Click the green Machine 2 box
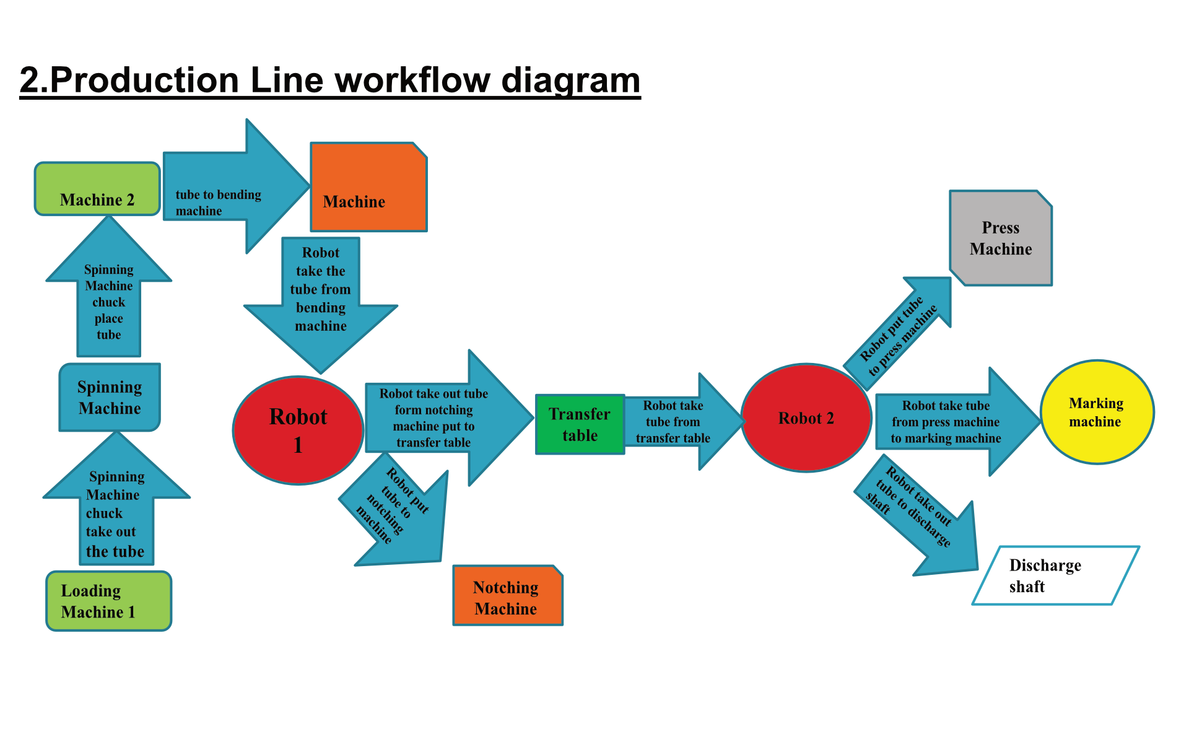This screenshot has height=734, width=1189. pyautogui.click(x=97, y=189)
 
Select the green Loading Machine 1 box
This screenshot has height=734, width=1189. pyautogui.click(x=108, y=601)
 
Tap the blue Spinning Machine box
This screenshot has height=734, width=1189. pyautogui.click(x=110, y=397)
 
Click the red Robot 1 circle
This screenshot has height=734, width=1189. pyautogui.click(x=298, y=430)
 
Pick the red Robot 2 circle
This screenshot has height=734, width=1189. pyautogui.click(x=806, y=417)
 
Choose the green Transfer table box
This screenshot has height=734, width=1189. pyautogui.click(x=580, y=424)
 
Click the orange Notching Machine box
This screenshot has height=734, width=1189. pyautogui.click(x=508, y=595)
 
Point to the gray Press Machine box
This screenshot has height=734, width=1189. pyautogui.click(x=1001, y=238)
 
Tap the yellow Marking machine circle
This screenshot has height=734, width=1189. pyautogui.click(x=1097, y=412)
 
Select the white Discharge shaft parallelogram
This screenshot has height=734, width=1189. pyautogui.click(x=1056, y=575)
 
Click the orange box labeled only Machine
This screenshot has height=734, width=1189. pyautogui.click(x=368, y=187)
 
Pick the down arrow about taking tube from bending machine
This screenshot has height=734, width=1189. pyautogui.click(x=321, y=305)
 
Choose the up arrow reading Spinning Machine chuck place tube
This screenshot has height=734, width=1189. pyautogui.click(x=109, y=286)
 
